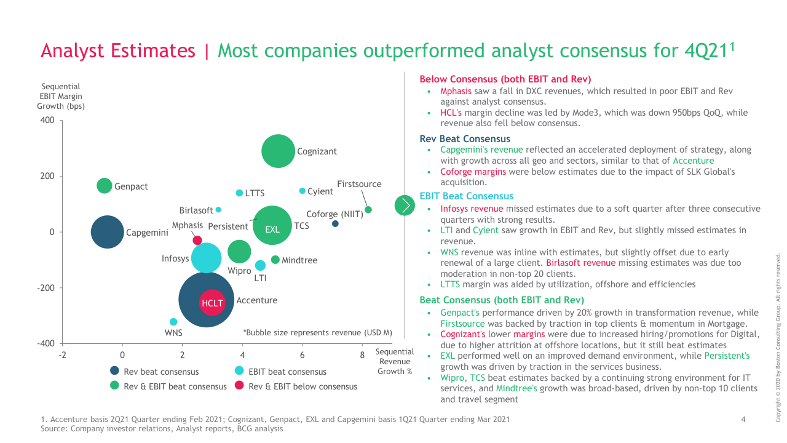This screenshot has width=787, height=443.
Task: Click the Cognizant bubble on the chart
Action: tap(279, 151)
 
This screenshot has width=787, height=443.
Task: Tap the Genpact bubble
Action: tap(105, 185)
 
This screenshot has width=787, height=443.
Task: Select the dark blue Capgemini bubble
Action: tap(108, 233)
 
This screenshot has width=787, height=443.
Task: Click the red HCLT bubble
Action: tap(212, 303)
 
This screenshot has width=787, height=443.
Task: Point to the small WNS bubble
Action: tap(173, 322)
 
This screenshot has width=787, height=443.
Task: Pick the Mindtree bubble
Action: tap(275, 260)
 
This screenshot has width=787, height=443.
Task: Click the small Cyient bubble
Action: tap(302, 191)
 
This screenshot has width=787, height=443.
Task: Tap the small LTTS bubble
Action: tap(239, 193)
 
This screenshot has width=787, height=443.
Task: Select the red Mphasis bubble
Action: tap(197, 241)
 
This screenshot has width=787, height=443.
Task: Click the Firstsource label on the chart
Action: tap(359, 184)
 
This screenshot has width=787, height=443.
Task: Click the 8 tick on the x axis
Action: tap(362, 355)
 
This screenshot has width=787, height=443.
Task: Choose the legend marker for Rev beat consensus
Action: tap(114, 370)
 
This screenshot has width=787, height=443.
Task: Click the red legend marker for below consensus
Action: tap(239, 386)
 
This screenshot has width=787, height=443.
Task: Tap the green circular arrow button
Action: tap(405, 205)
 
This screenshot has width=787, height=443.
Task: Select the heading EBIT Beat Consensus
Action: tap(466, 196)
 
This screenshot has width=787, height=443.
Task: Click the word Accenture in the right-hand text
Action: tap(694, 161)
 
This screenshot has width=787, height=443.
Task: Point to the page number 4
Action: tap(743, 420)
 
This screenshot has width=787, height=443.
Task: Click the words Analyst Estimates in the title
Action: tap(117, 50)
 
